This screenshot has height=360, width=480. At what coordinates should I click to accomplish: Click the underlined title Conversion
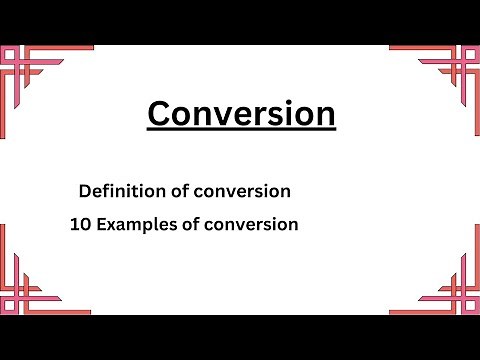(241, 114)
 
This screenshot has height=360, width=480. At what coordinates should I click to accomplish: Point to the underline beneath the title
(241, 131)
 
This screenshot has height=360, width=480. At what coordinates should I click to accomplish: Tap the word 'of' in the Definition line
(168, 190)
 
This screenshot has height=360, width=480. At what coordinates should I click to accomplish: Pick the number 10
(80, 225)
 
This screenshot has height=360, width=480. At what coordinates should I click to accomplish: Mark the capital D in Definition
(83, 190)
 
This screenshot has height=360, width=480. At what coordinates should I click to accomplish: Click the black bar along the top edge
(240, 21)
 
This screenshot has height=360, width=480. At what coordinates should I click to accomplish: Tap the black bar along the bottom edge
(240, 337)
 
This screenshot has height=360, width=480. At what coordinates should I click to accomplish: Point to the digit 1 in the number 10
(75, 225)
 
